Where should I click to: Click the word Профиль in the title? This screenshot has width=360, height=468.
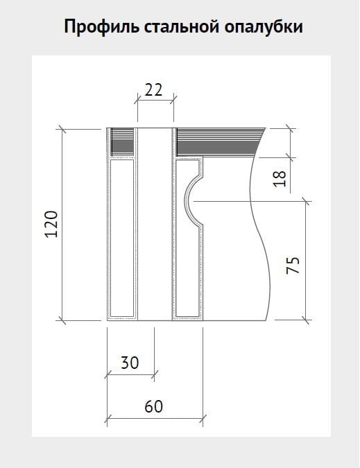102,27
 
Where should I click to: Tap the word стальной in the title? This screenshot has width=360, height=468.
182,26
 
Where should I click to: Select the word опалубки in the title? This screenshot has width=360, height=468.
264,27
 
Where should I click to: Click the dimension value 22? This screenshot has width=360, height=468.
153,90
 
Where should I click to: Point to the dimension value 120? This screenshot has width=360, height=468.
51,224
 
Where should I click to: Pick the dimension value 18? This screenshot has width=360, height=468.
280,179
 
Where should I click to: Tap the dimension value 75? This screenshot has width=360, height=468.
293,265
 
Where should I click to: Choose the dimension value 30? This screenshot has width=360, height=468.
130,363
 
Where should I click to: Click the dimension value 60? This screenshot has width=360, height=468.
154,406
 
